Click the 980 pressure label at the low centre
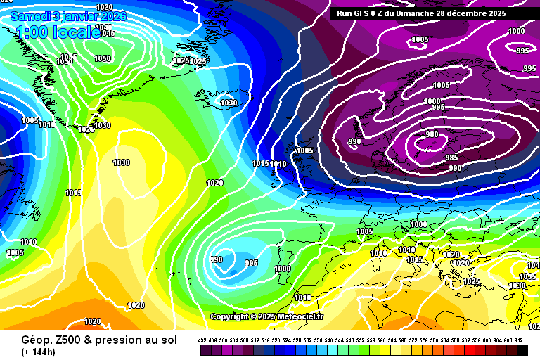click(x=432, y=134)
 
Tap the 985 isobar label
click(x=451, y=157)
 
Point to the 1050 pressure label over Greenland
click(x=102, y=58)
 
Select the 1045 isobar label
click(x=108, y=33)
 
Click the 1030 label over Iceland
click(x=229, y=103)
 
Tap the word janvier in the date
click(x=80, y=15)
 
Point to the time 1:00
click(x=32, y=32)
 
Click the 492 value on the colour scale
click(x=202, y=340)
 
